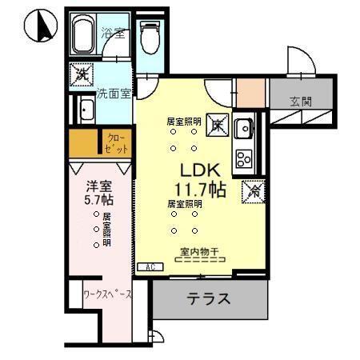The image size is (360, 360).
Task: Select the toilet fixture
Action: coord(149,35)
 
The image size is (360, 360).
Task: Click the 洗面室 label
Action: coord(112,93)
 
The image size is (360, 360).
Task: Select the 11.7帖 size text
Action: coord(195,190)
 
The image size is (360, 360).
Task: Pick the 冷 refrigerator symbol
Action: coord(251,193)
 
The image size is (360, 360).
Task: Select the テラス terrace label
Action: coord(209,299)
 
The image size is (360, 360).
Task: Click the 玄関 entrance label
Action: coord(302,100)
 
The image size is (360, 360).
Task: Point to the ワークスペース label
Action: coord(107,293)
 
